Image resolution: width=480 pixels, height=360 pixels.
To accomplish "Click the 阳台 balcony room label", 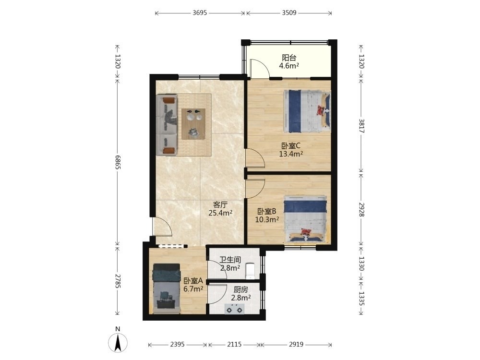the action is click(x=289, y=58).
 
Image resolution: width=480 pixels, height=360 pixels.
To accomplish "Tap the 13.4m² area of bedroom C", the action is click(x=291, y=154).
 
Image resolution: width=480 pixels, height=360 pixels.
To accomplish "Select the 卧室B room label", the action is click(x=266, y=211).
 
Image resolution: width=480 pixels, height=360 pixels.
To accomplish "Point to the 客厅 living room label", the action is click(x=220, y=204).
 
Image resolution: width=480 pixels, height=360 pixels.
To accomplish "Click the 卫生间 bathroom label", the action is click(x=230, y=260).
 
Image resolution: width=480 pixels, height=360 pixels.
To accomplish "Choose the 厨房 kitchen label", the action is click(x=240, y=289).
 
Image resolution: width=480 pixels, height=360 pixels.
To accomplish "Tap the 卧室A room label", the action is click(x=193, y=281).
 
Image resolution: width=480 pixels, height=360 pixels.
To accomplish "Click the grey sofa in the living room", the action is click(x=167, y=125).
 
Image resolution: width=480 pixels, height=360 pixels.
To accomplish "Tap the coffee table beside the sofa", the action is click(x=193, y=124).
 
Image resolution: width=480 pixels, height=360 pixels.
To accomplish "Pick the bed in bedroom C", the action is click(x=307, y=111).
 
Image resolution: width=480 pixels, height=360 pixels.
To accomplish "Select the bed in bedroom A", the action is click(x=167, y=288).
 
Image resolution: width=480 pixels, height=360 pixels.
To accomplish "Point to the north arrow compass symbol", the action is click(x=118, y=342).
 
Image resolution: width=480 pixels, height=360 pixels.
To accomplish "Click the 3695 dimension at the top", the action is click(x=200, y=13).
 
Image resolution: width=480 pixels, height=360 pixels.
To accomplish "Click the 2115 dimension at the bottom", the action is click(x=234, y=344).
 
